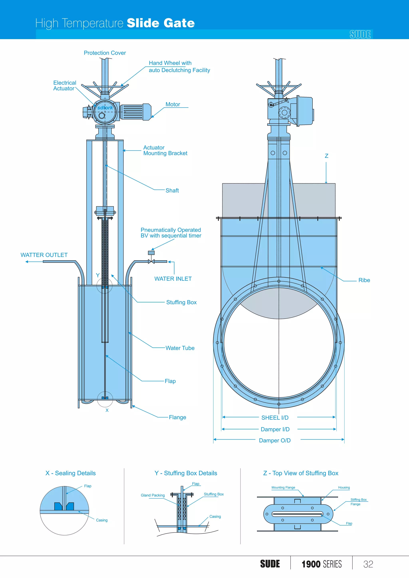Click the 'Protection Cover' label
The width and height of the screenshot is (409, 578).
click(105, 53)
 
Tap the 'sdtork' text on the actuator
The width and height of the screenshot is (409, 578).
click(105, 108)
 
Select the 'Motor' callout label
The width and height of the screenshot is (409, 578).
click(173, 104)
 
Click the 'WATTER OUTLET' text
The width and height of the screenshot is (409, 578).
click(44, 255)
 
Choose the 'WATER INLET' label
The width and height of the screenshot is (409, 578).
click(173, 279)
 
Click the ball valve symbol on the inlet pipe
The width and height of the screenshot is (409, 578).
click(151, 262)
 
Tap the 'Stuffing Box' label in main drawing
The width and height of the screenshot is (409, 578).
click(181, 302)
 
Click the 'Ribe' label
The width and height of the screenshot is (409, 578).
click(364, 280)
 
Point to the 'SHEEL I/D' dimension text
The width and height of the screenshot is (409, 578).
click(275, 418)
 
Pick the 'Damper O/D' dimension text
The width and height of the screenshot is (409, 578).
click(275, 440)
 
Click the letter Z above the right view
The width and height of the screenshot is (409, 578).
click(326, 156)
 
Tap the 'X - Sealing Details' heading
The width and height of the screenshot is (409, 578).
click(70, 473)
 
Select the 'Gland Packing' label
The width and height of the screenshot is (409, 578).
click(153, 495)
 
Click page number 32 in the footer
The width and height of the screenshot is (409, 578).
click(368, 564)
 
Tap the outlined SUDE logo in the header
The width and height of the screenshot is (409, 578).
click(360, 35)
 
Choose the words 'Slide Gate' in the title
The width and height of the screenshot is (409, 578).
click(161, 23)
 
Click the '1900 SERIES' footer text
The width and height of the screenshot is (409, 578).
click(322, 564)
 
